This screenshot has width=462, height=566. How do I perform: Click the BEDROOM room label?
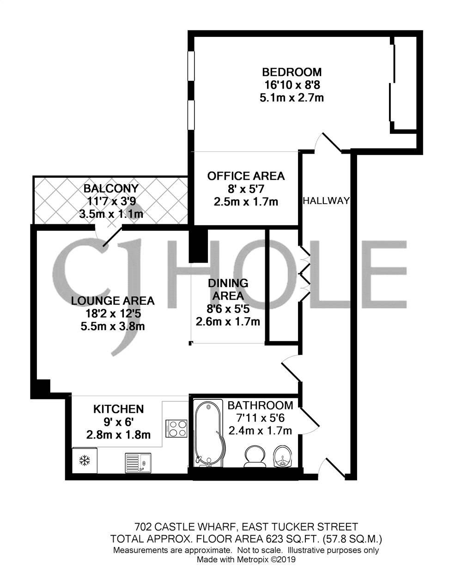click(x=292, y=72)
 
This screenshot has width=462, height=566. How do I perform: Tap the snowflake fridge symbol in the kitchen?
click(x=85, y=461)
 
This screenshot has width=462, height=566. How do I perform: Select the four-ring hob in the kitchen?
click(x=176, y=428)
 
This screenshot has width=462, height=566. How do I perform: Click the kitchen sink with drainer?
click(x=138, y=463)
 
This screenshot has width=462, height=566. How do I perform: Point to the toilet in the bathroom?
click(x=255, y=456)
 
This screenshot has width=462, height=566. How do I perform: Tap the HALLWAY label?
click(x=326, y=200)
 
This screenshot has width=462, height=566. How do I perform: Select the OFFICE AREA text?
click(x=246, y=176)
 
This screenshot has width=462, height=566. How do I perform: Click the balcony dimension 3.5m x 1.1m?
click(x=111, y=214)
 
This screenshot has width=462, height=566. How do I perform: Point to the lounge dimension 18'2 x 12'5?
click(x=113, y=313)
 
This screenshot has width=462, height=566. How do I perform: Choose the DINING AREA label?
click(x=228, y=289)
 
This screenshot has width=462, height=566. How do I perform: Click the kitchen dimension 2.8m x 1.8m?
click(x=118, y=435)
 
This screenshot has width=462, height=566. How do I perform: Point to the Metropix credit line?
click(x=246, y=559)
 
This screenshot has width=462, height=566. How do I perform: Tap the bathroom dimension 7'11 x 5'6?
click(x=260, y=418)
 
